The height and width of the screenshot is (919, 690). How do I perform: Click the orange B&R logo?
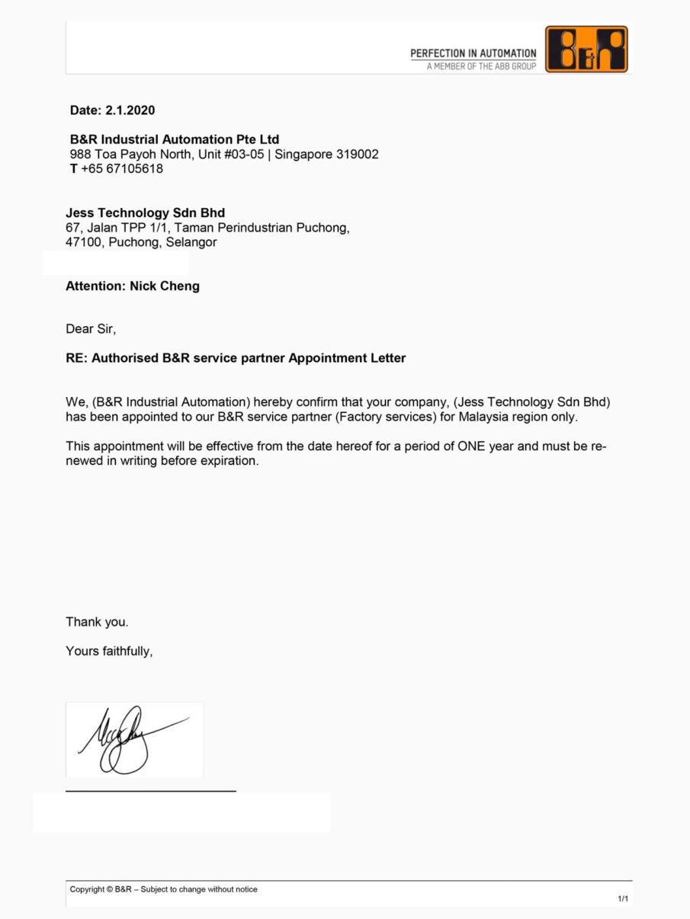(586, 50)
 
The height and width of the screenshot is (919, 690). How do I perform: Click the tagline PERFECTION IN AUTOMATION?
(473, 53)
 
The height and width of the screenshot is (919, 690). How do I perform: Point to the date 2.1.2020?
(130, 110)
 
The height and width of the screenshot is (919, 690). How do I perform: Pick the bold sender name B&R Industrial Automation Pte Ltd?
(175, 139)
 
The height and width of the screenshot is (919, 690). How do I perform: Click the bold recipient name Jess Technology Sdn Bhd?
(145, 213)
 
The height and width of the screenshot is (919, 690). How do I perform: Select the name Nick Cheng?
(165, 287)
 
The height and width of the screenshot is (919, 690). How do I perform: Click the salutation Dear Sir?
(91, 329)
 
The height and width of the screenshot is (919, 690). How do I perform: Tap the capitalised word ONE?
(477, 447)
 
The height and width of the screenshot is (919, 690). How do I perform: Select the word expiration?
(230, 461)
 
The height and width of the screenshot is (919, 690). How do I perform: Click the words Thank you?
(97, 622)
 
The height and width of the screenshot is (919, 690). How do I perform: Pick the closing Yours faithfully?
(109, 651)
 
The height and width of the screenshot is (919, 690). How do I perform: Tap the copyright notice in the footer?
(163, 889)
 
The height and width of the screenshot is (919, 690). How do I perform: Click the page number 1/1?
(623, 899)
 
